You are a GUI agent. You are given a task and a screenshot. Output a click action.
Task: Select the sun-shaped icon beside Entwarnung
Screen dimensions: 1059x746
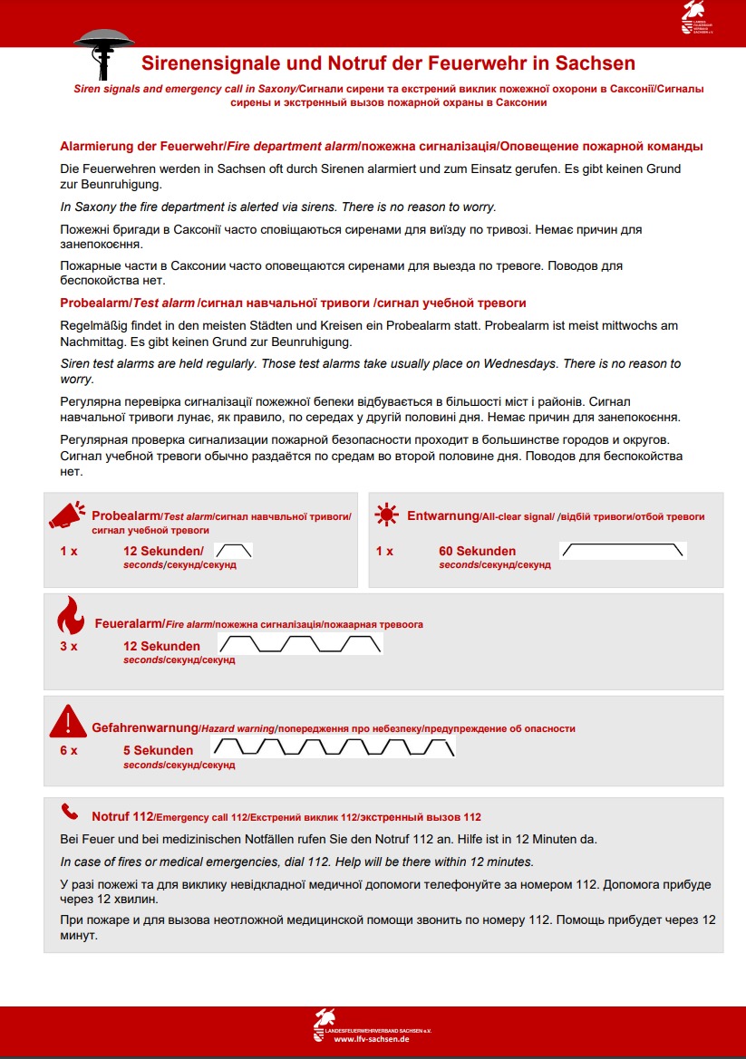(387, 515)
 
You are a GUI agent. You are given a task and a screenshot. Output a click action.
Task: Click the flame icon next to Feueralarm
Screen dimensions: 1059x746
(69, 618)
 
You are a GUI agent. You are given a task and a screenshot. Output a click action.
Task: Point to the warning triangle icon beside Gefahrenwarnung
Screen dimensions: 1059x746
(68, 721)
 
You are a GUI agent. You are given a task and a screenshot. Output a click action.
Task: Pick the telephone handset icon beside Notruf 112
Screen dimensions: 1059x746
(69, 811)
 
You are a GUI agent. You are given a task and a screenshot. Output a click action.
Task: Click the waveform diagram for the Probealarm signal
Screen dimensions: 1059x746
(234, 550)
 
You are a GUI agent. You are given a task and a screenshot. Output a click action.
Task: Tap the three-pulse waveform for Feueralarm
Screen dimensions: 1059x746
(301, 644)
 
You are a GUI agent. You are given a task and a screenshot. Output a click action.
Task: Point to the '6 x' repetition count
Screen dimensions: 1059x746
(69, 750)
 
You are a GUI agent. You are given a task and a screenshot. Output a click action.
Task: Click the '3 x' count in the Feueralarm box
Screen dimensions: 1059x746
(69, 646)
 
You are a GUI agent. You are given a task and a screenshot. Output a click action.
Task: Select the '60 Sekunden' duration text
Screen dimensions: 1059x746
(477, 551)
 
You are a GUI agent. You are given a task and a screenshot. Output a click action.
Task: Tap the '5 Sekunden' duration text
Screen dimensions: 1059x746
(158, 750)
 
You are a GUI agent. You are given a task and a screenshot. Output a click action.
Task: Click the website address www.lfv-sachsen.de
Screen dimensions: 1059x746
(373, 1040)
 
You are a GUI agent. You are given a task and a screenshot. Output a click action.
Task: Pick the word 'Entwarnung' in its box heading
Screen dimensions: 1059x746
(442, 515)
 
